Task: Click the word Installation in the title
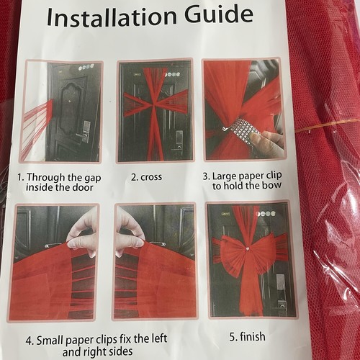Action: coord(112,17)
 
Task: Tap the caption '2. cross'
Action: coord(146,177)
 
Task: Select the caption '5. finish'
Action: coord(248,336)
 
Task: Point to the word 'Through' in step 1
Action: coord(45,178)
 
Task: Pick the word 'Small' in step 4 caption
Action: coord(50,341)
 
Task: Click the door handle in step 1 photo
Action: coord(81,136)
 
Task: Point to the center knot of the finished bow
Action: coord(248,249)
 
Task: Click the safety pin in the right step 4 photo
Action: coord(156,244)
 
